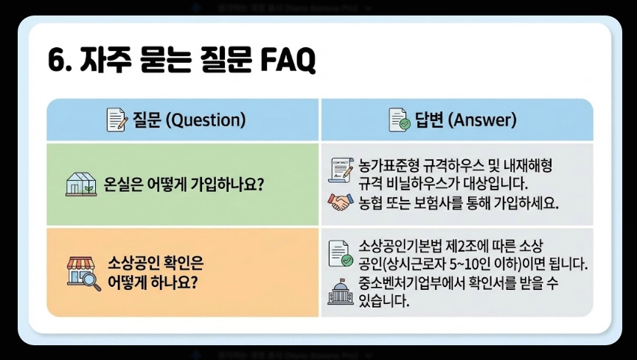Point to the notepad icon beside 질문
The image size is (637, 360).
tap(116, 120)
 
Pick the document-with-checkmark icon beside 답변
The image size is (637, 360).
tap(400, 120)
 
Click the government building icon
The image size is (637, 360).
tap(338, 292)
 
